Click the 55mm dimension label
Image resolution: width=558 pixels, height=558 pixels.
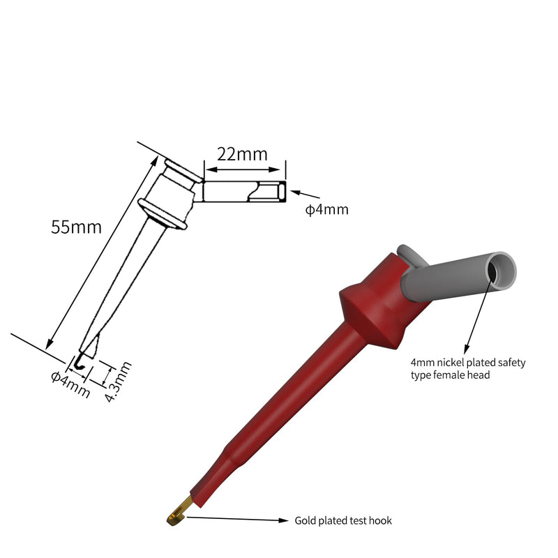coord(76,227)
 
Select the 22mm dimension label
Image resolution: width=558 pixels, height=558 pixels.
coord(242,154)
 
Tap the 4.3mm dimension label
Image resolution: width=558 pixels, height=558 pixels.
coord(119,382)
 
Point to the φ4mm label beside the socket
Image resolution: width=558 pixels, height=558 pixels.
coord(326,209)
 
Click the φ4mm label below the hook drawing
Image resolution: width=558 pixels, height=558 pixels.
coord(70,384)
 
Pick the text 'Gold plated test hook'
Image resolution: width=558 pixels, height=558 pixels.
coord(343,520)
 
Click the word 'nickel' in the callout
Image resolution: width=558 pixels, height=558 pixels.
coord(451,363)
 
